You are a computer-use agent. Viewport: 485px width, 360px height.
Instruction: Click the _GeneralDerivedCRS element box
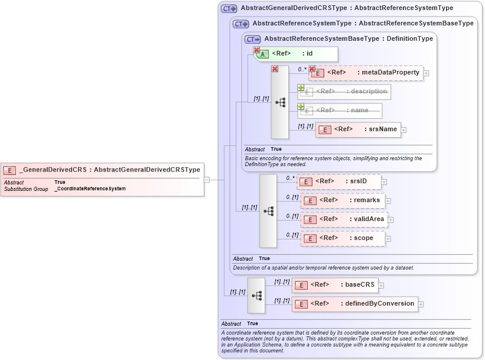coord(102,170)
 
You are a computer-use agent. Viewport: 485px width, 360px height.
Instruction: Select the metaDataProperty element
coord(366,73)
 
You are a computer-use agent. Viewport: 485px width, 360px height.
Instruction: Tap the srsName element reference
coord(358,129)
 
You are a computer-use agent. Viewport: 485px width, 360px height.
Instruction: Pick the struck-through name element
coord(340,110)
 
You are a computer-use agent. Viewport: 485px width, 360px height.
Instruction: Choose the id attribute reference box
coord(296,54)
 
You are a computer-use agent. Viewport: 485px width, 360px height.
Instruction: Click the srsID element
coord(339,181)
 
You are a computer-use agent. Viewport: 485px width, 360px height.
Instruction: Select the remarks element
coord(343,200)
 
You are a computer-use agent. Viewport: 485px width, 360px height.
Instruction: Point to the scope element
coord(343,238)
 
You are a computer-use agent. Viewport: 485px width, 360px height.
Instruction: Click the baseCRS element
coord(334,285)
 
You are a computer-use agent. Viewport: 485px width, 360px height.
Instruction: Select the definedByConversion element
coord(354,304)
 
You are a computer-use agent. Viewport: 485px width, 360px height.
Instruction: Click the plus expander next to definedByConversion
coord(422,304)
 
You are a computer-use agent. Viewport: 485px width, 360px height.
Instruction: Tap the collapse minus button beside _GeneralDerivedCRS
coord(207,179)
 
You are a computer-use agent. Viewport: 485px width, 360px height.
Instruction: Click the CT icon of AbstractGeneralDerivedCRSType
coord(229,9)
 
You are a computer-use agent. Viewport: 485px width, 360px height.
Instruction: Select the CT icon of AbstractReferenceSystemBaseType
coord(252,39)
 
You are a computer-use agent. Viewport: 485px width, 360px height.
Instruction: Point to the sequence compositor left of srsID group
coord(268,210)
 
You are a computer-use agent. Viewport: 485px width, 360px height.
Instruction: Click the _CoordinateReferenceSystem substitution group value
coord(90,189)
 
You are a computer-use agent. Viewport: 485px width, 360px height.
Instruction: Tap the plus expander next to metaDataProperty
coord(427,73)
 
